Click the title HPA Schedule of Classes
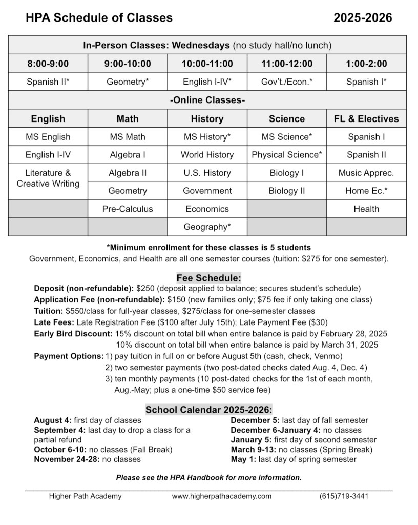pyautogui.click(x=99, y=18)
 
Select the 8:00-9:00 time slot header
pyautogui.click(x=48, y=64)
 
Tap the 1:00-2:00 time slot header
pyautogui.click(x=366, y=64)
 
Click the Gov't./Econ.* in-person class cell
pyautogui.click(x=286, y=82)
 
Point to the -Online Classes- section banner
pyautogui.click(x=207, y=100)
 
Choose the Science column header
pyautogui.click(x=286, y=119)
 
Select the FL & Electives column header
pyautogui.click(x=366, y=119)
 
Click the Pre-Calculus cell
pyautogui.click(x=128, y=209)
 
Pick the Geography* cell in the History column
pyautogui.click(x=207, y=227)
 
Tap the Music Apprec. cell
pyautogui.click(x=366, y=173)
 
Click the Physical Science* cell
pyautogui.click(x=286, y=155)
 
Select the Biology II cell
pyautogui.click(x=286, y=191)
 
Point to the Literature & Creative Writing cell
pyautogui.click(x=48, y=178)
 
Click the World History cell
pyautogui.click(x=207, y=155)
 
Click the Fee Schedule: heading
pyautogui.click(x=208, y=278)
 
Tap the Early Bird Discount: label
pyautogui.click(x=71, y=334)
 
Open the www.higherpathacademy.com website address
pyautogui.click(x=222, y=496)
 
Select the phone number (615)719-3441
pyautogui.click(x=344, y=496)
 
